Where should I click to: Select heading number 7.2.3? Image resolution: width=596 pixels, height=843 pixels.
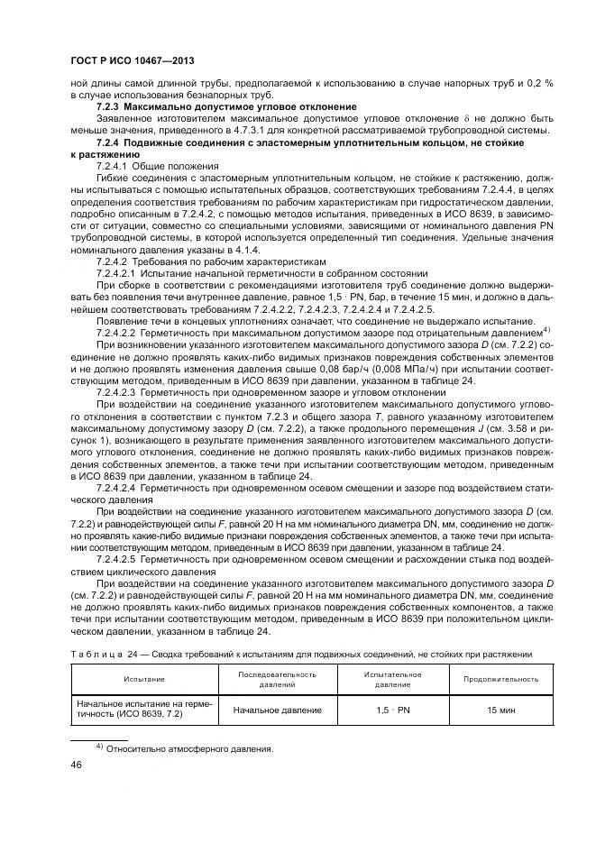[x=109, y=107]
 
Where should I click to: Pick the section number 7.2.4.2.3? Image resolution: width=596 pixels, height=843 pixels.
[x=115, y=393]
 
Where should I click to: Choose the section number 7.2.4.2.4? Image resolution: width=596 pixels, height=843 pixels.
[x=115, y=488]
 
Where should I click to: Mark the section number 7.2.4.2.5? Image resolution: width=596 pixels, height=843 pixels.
[x=115, y=559]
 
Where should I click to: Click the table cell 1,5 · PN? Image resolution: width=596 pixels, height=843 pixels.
[x=392, y=710]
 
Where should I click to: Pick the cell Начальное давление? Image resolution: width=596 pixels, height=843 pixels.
[x=277, y=710]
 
